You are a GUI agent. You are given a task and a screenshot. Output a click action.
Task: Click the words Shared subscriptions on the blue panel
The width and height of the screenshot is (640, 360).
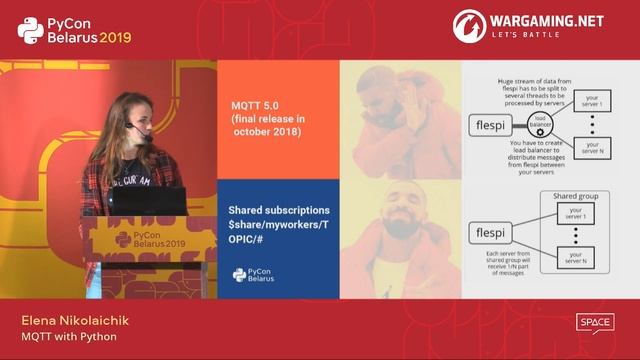coord(279,210)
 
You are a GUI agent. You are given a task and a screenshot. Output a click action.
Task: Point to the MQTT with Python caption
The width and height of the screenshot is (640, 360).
coord(69,336)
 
